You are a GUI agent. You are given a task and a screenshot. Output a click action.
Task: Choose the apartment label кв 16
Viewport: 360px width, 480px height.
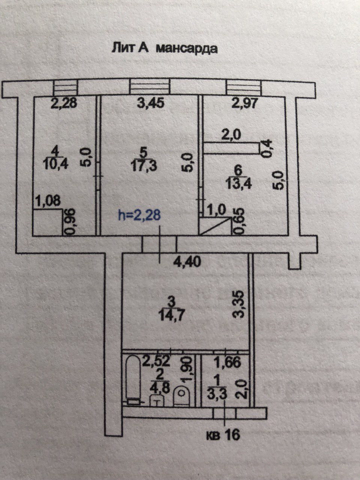tap(223, 435)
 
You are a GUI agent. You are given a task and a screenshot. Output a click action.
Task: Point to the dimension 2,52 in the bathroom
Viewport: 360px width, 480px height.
tap(156, 361)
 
